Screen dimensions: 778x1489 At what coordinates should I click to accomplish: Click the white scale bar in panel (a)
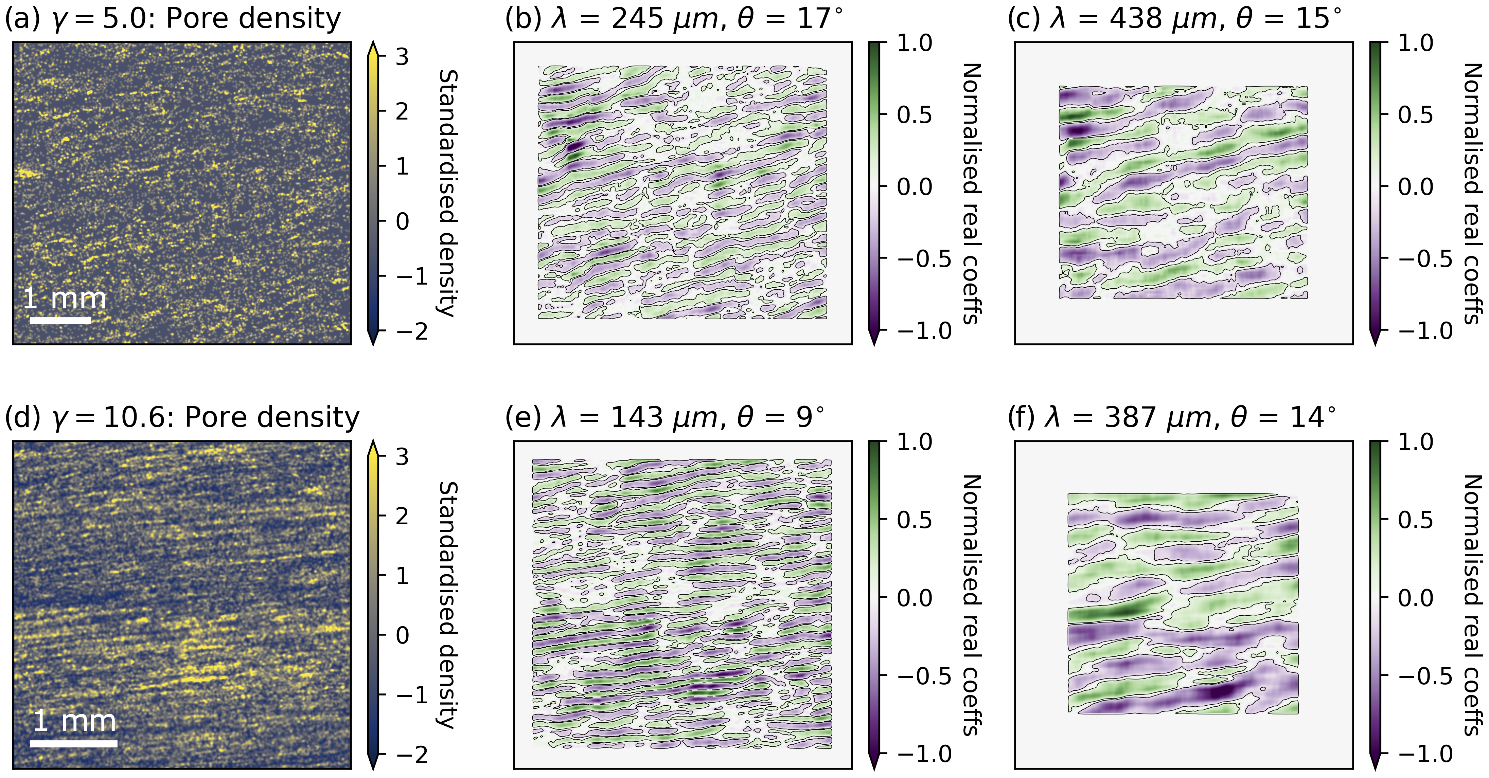(x=60, y=320)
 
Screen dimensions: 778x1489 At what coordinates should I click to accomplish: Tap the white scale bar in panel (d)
(x=73, y=743)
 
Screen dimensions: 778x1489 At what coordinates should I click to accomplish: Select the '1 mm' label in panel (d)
(x=74, y=721)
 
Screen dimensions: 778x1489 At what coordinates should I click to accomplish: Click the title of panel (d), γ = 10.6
(x=181, y=417)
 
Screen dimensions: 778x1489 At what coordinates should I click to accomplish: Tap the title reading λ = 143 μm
(x=665, y=417)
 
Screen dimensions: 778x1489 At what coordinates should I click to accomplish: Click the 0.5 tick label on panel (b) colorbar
(x=915, y=114)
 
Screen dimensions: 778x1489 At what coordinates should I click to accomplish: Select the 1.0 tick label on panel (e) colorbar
(x=915, y=442)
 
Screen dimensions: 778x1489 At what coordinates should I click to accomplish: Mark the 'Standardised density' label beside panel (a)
(x=448, y=193)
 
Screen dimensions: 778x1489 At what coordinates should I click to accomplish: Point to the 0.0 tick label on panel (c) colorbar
(x=1416, y=187)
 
